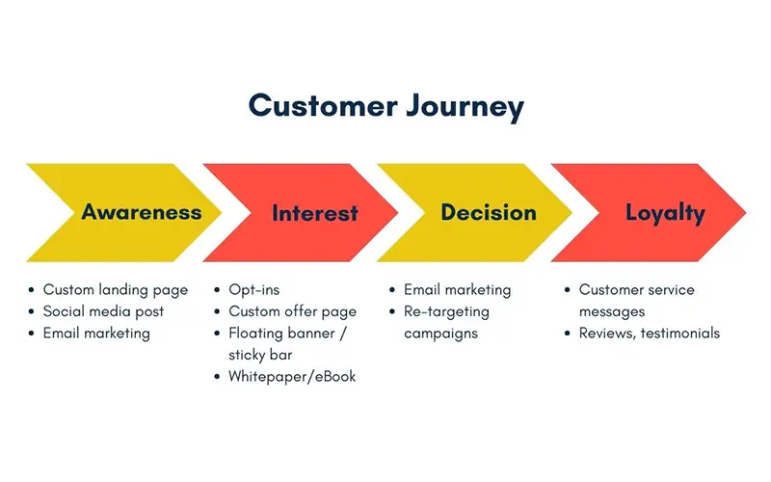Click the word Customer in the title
323,105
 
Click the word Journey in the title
465,108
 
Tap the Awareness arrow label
142,212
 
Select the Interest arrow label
315,213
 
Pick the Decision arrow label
489,212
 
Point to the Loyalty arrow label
665,214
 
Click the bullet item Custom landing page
116,290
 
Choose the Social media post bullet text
103,311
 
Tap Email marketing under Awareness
96,333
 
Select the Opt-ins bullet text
253,290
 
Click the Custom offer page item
293,311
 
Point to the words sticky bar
260,355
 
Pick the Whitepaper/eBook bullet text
292,377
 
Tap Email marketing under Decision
457,290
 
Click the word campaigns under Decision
440,334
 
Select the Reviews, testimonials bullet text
649,333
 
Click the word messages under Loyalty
612,311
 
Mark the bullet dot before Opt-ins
217,290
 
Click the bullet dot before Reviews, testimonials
567,333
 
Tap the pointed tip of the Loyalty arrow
746,212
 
